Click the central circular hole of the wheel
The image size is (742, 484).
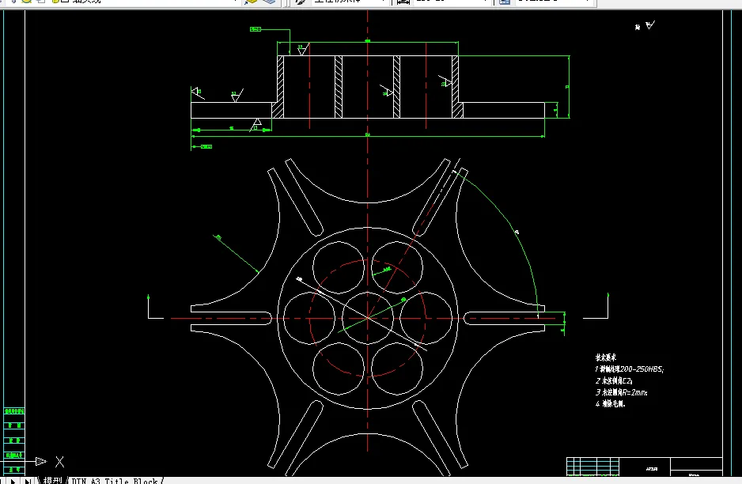368,317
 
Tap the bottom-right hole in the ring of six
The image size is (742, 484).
396,367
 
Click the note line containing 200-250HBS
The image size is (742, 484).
629,369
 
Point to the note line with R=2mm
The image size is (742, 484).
622,392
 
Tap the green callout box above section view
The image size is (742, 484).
256,29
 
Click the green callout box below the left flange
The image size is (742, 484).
206,146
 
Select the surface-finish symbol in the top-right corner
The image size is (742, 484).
646,26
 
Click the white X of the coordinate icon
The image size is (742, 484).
59,462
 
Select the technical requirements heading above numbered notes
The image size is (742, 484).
608,357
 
